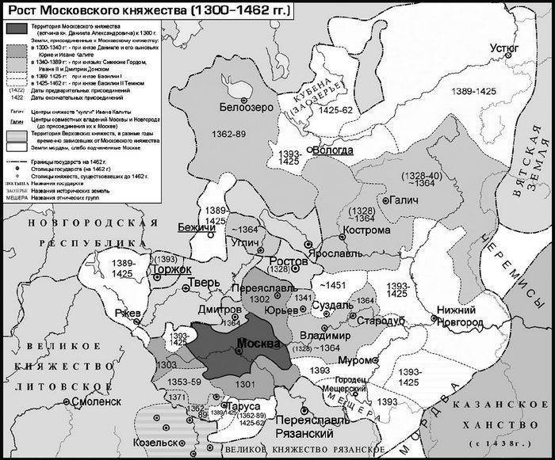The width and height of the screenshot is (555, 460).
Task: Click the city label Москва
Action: [x=258, y=345]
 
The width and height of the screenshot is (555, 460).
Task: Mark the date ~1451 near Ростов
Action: [x=334, y=282]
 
